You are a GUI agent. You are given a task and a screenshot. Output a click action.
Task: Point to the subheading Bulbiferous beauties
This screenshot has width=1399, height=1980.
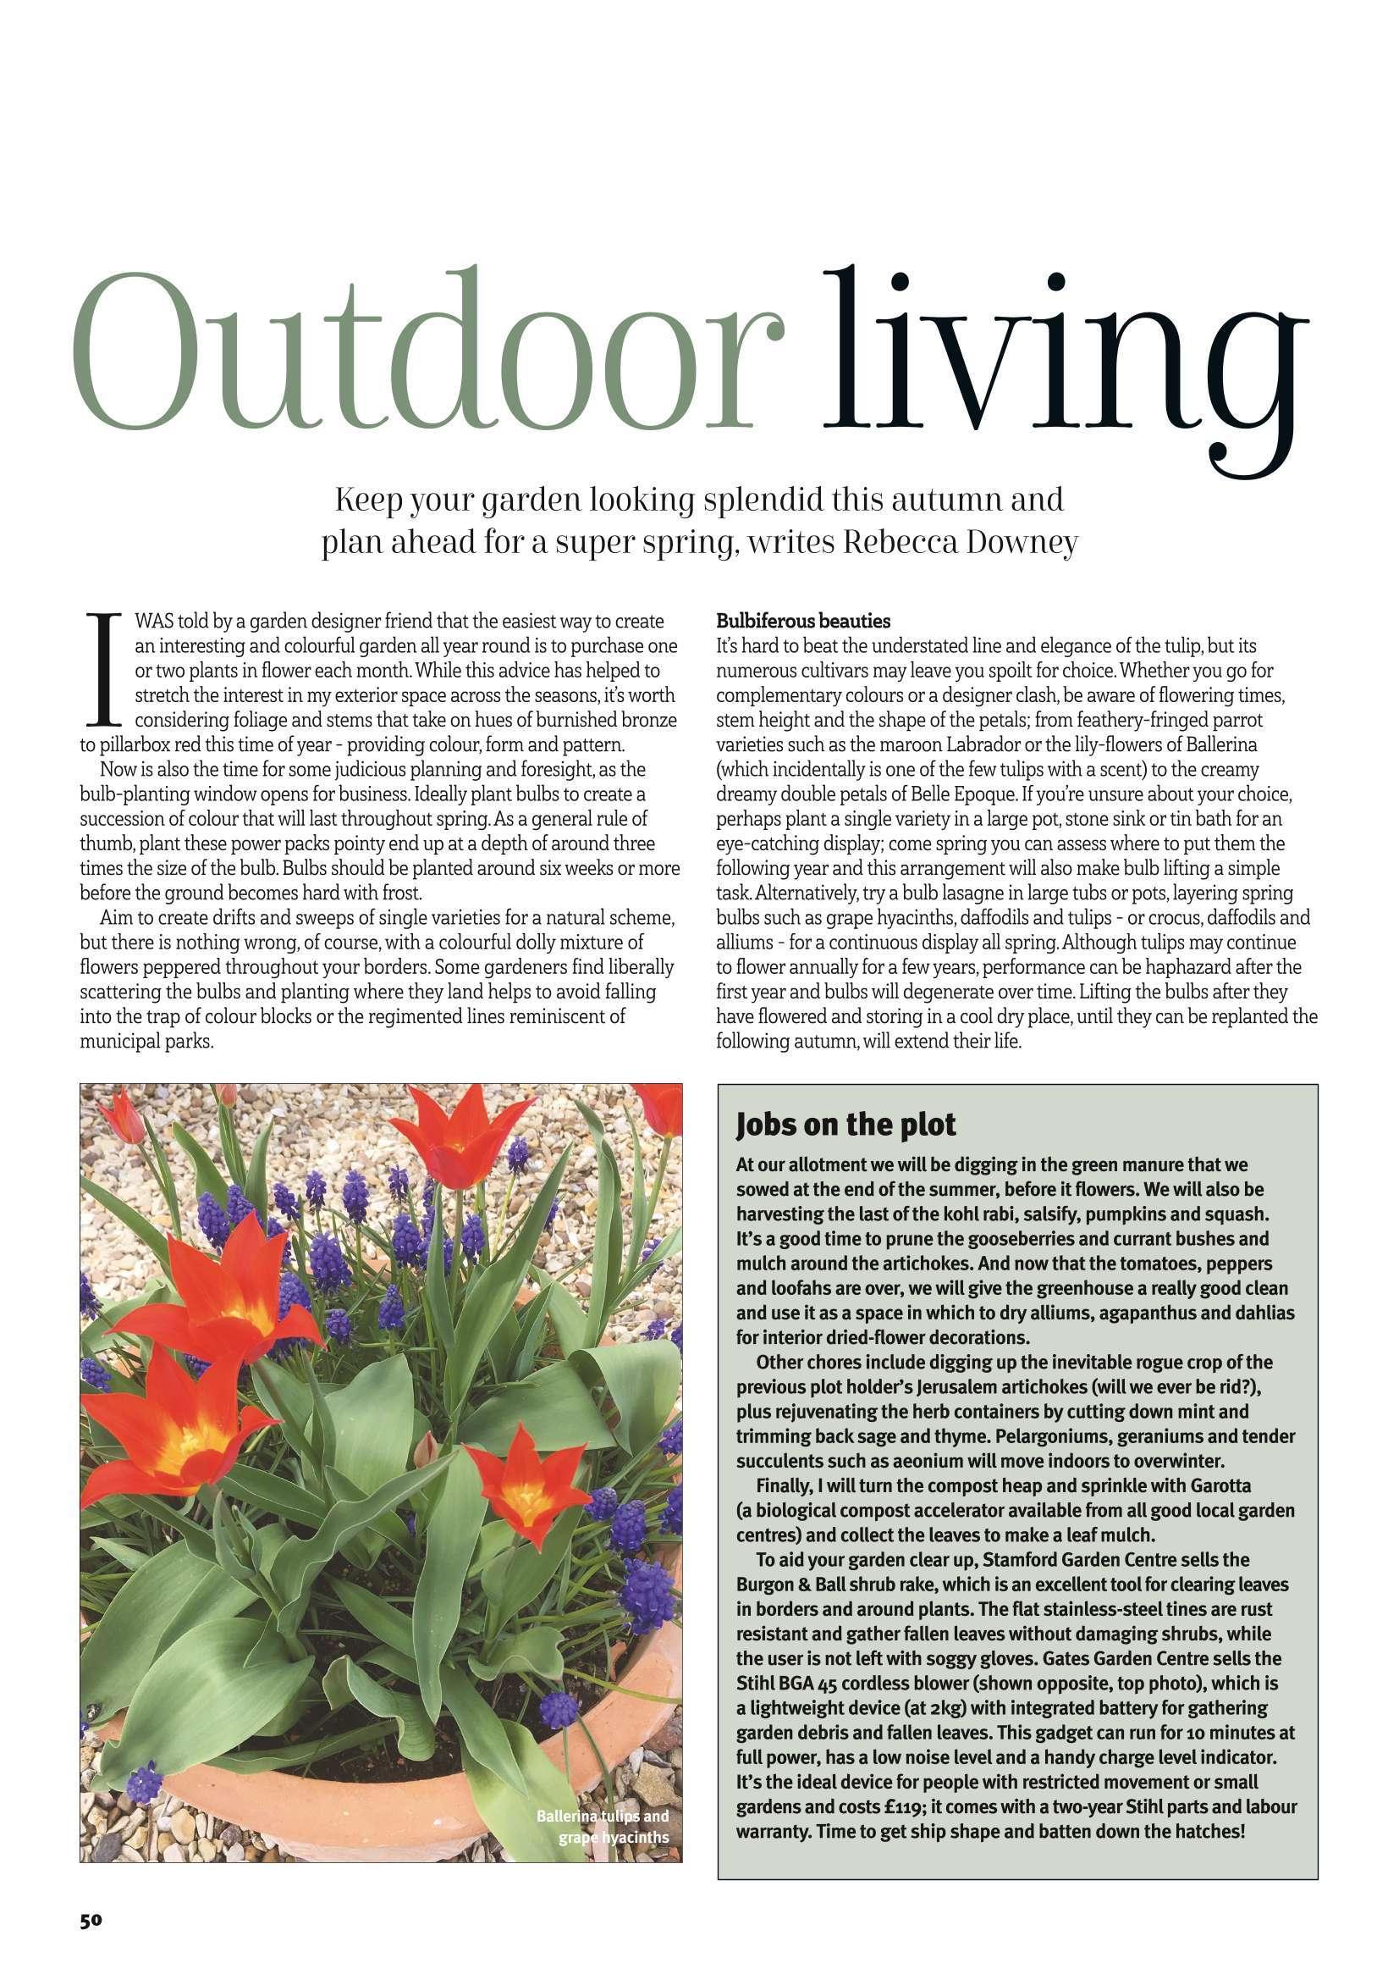(803, 621)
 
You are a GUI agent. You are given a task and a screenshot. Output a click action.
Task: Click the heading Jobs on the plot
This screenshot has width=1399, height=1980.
(845, 1125)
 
